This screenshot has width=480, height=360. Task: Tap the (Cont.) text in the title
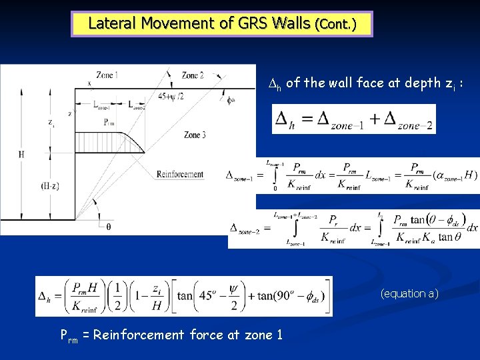[335, 25]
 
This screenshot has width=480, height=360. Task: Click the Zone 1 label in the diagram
[107, 75]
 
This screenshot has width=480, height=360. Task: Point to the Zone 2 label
[193, 75]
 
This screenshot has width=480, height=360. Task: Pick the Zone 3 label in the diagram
[195, 135]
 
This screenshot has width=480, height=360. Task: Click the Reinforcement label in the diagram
[179, 175]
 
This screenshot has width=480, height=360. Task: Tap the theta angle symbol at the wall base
[109, 227]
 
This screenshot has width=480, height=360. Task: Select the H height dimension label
[21, 155]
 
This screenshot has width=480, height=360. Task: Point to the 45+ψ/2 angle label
[172, 96]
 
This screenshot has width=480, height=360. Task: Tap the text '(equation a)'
[409, 293]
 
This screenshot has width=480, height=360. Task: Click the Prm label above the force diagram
[111, 122]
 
